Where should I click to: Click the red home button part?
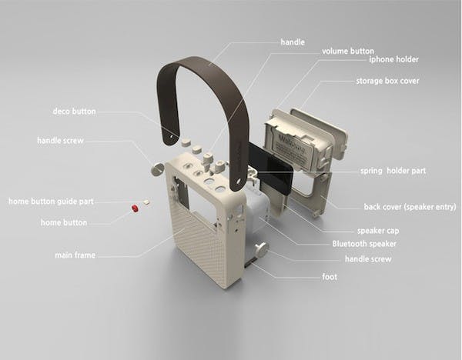point(135,208)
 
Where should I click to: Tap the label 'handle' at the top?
point(293,42)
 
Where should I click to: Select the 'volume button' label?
point(348,52)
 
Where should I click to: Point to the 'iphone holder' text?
point(393,59)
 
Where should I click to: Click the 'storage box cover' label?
point(387,81)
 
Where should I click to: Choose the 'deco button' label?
point(74,112)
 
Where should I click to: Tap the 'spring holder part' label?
point(393,171)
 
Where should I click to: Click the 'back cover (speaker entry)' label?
point(410,207)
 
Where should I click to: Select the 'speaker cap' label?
point(378,231)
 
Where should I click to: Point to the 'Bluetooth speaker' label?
point(364,244)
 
